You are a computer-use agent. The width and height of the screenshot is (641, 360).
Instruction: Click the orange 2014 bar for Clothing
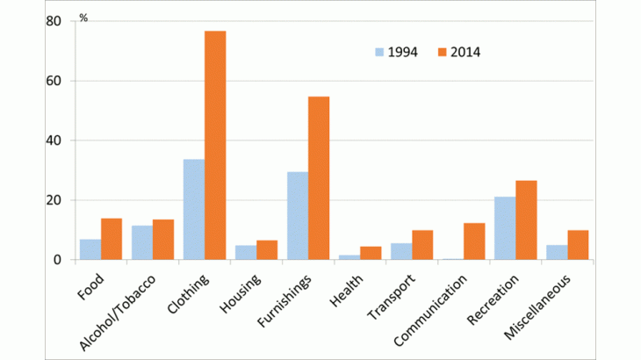215,146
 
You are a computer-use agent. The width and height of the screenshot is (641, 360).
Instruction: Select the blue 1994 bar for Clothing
193,210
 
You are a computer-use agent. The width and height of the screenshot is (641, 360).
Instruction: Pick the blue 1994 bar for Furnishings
297,216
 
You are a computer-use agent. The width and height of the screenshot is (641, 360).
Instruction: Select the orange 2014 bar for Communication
474,241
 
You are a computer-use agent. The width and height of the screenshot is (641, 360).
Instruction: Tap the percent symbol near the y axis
83,17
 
